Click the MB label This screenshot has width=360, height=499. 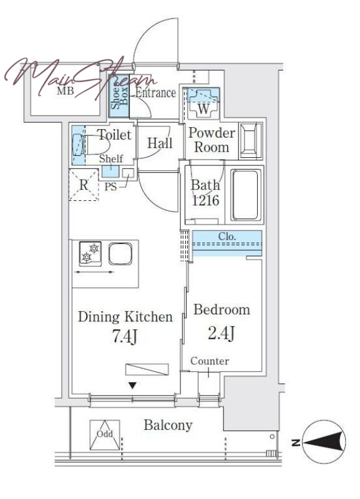pyautogui.click(x=66, y=91)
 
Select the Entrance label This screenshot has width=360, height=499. pyautogui.click(x=155, y=93)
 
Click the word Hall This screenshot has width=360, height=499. pyautogui.click(x=160, y=143)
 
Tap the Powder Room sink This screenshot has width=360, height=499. pyautogui.click(x=251, y=140)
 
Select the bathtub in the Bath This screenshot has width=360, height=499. pyautogui.click(x=245, y=195)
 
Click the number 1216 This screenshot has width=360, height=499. pyautogui.click(x=205, y=200)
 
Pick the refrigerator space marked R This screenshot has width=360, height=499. pyautogui.click(x=84, y=185)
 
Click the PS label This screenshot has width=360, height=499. pyautogui.click(x=111, y=187)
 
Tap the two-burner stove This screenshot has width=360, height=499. pyautogui.click(x=90, y=254)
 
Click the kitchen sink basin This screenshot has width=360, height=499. pyautogui.click(x=120, y=254)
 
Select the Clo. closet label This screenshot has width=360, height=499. pyautogui.click(x=227, y=236)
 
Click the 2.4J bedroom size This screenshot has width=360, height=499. pyautogui.click(x=221, y=333)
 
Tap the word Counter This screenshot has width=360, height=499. pyautogui.click(x=210, y=361)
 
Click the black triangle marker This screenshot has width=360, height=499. pyautogui.click(x=132, y=385)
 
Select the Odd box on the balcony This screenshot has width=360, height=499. pyautogui.click(x=105, y=435)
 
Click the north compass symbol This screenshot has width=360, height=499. pyautogui.click(x=324, y=442)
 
